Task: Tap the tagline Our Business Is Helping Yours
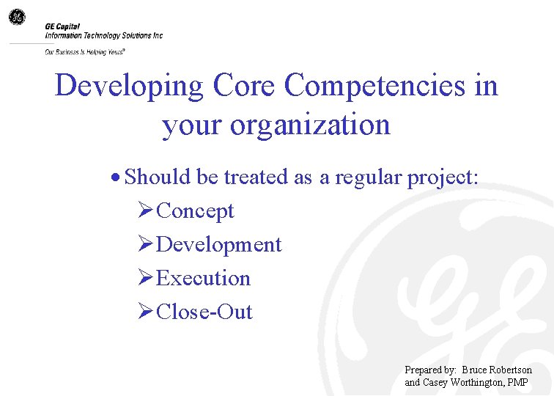click(x=84, y=52)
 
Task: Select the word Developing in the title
click(x=129, y=86)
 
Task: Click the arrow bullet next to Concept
click(x=145, y=211)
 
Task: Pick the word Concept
click(x=195, y=211)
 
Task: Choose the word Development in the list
click(x=218, y=245)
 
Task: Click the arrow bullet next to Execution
click(x=145, y=279)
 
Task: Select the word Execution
click(x=203, y=279)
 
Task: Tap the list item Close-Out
click(x=204, y=312)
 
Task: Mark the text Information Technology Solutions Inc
click(x=103, y=35)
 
